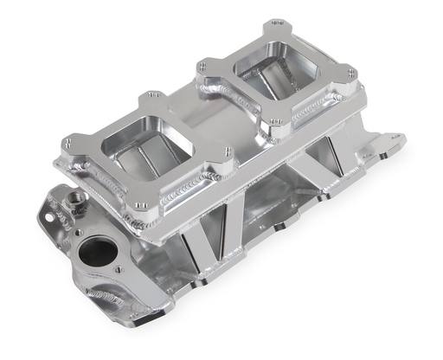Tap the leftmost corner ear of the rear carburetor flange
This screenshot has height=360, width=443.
(207, 63)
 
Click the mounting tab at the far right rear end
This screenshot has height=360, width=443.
(391, 140)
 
